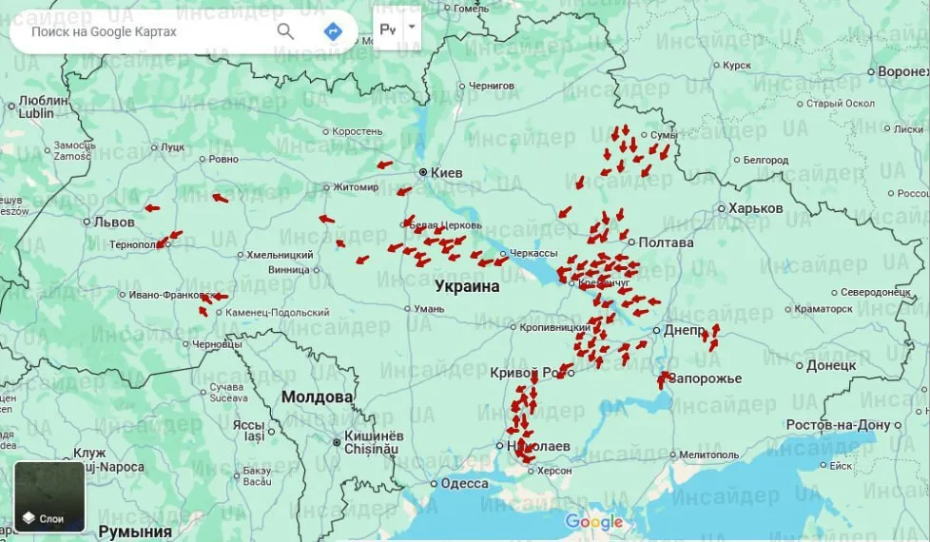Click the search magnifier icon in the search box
click(285, 31)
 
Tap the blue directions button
click(333, 31)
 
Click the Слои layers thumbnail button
click(49, 496)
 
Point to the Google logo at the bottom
click(594, 521)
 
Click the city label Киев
click(446, 173)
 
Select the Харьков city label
click(756, 208)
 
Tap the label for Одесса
click(465, 483)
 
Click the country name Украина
click(467, 285)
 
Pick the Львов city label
click(113, 223)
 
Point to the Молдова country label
click(317, 397)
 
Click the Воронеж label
click(902, 72)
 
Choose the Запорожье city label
click(705, 378)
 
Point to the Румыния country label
click(135, 532)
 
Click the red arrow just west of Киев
click(384, 165)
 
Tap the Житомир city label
click(356, 187)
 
